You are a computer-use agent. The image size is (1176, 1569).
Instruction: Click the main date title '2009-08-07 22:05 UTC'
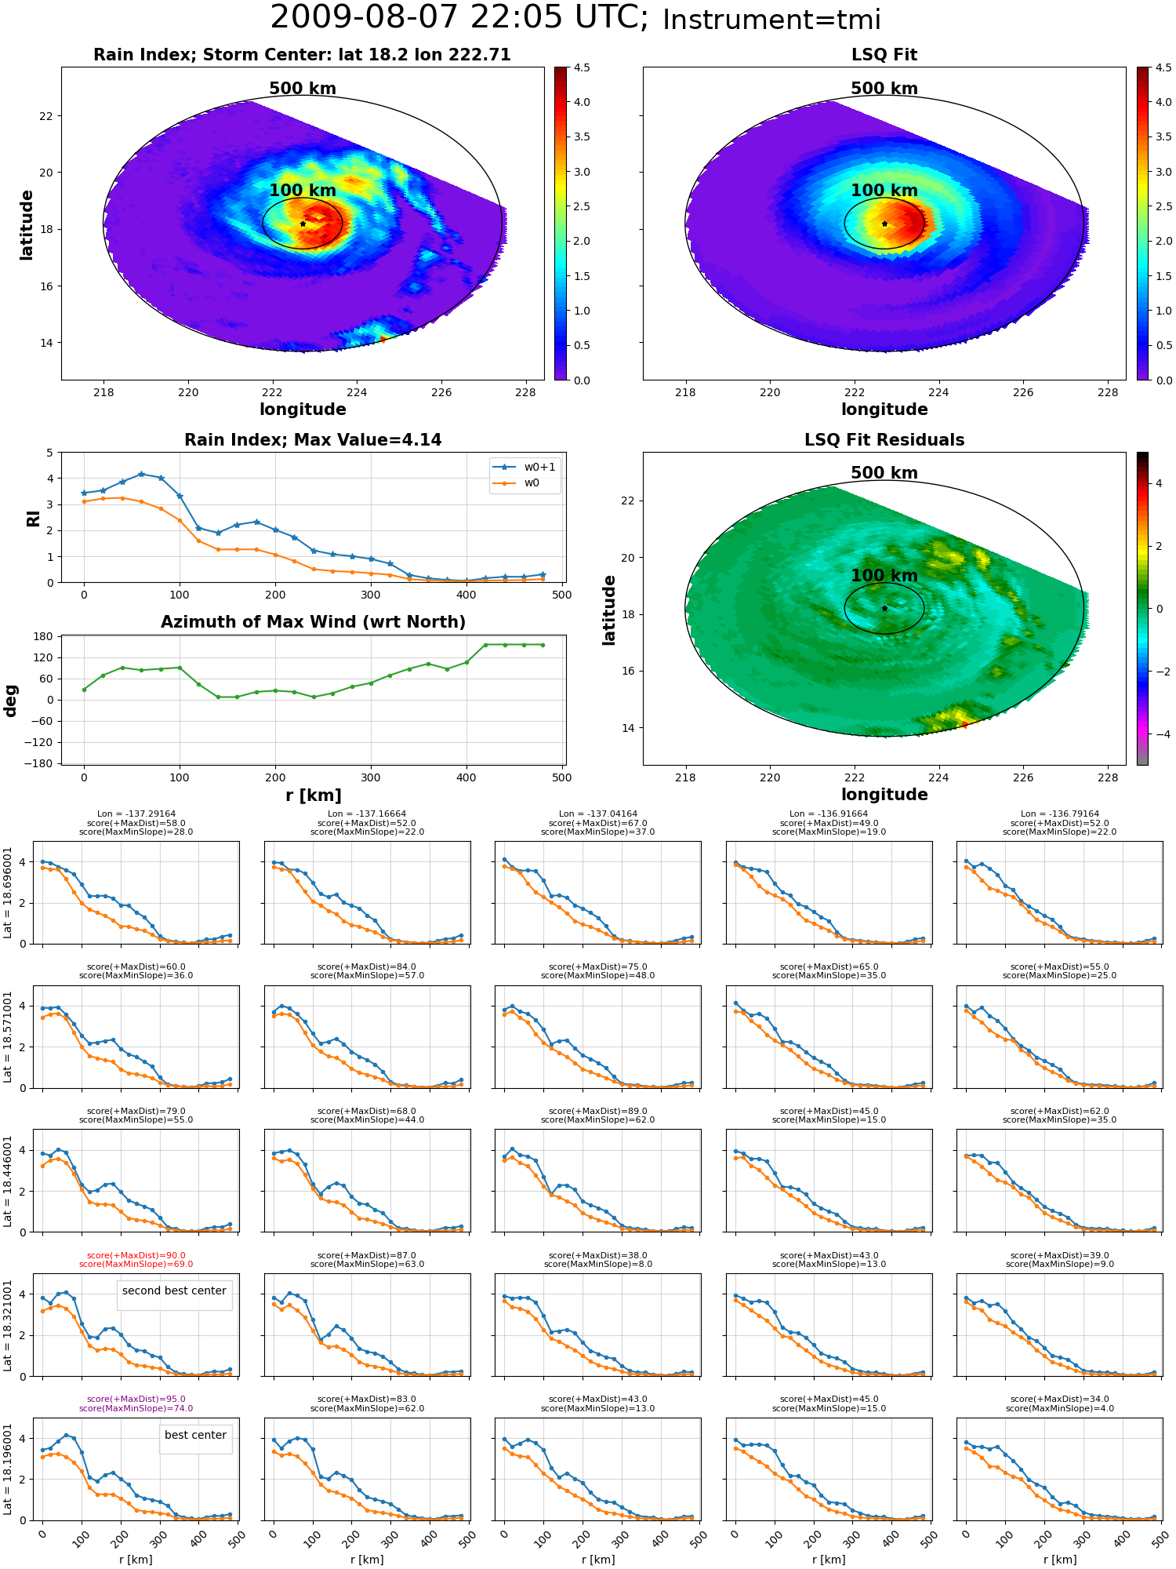tap(459, 18)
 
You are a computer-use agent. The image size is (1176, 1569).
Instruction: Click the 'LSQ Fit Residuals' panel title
tap(884, 440)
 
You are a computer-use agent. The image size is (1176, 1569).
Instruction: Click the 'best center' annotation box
tap(195, 1435)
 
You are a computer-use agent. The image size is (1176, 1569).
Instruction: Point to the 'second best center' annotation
tap(174, 1291)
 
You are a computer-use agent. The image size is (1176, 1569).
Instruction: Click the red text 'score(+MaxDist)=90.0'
tap(136, 1255)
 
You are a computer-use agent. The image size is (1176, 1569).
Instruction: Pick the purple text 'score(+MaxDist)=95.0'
tap(136, 1400)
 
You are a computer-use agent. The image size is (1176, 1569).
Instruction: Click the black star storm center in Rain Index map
tap(303, 224)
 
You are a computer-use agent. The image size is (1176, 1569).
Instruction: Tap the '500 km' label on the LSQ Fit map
tap(884, 89)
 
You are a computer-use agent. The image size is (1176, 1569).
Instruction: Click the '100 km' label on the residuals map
tap(884, 576)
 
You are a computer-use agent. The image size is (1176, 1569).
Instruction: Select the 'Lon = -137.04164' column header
tap(598, 814)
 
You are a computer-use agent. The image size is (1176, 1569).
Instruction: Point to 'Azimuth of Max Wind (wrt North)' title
tap(313, 622)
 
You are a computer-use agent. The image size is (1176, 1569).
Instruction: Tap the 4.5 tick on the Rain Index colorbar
tap(582, 67)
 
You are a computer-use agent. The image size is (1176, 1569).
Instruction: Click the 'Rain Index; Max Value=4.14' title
tap(313, 440)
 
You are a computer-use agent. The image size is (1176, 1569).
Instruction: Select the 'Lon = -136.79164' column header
tap(1060, 814)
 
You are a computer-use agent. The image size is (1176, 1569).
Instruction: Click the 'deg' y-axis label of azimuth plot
tap(11, 700)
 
